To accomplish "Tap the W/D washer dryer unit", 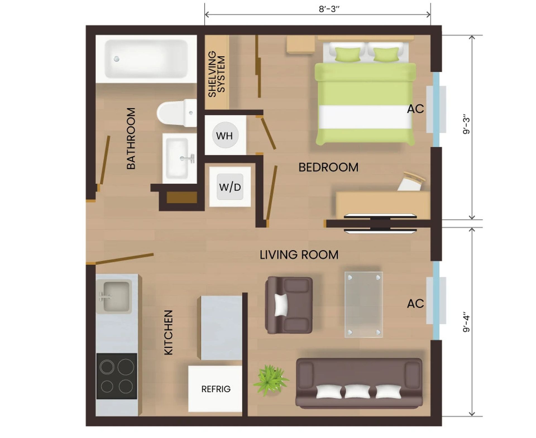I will point(230,187).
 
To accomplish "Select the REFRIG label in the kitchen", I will point(216,389).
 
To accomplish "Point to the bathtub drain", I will point(117,59).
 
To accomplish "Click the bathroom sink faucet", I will point(188,158).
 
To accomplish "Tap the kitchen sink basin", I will point(116,296).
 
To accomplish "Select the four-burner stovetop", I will point(117,376).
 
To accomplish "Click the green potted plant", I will point(270,380).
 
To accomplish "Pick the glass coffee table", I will point(363,304).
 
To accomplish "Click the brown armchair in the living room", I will point(289,305).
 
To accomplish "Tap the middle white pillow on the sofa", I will point(357,391).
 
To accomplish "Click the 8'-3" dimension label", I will point(329,9).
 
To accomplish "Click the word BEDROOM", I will point(328,167).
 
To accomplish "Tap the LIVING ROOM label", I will point(299,255).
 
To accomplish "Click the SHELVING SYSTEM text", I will point(217,74).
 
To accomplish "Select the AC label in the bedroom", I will point(415,109).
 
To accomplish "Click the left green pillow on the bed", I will point(347,54).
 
